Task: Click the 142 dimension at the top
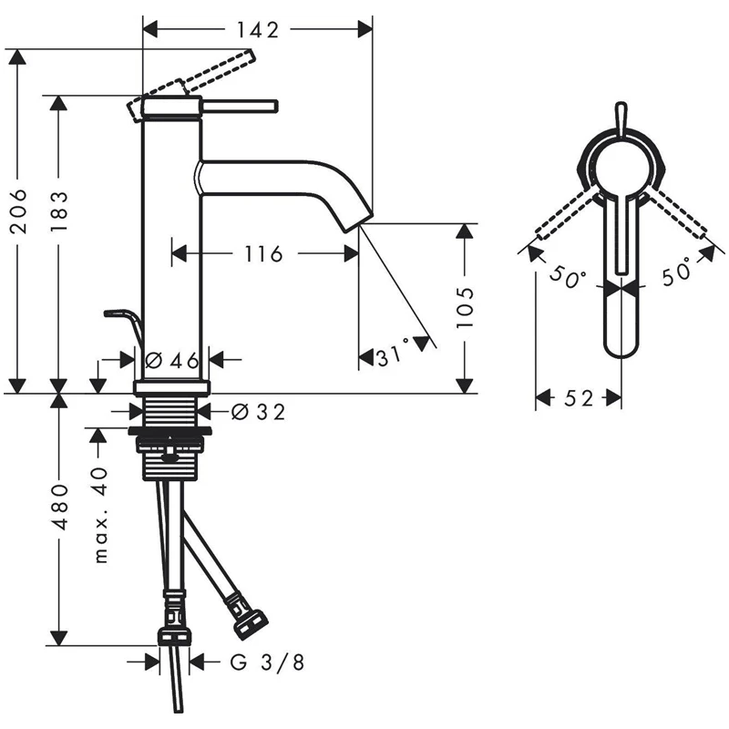click(258, 29)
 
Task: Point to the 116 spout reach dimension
click(263, 254)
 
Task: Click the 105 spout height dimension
click(465, 306)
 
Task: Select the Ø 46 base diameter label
click(173, 359)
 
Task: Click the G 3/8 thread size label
click(266, 662)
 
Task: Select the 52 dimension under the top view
click(579, 398)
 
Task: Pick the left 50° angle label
click(567, 277)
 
